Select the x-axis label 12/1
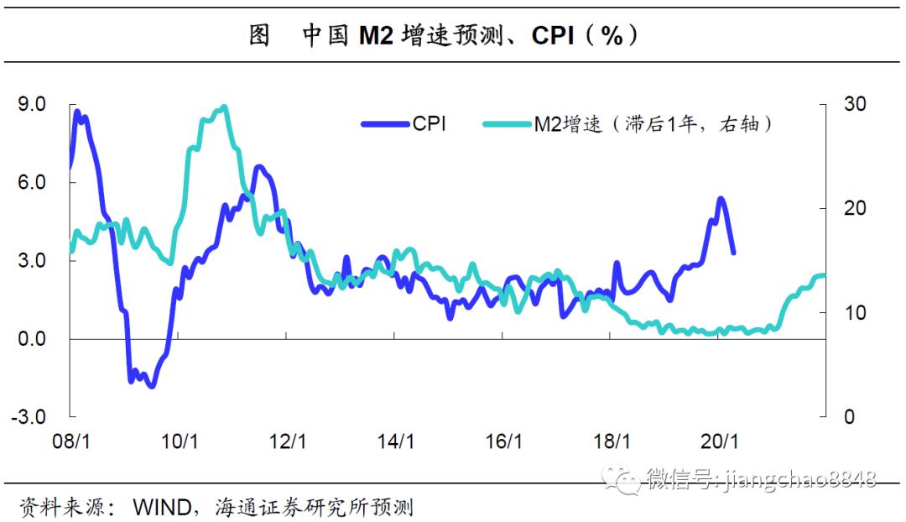pos(287,441)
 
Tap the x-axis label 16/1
pos(502,441)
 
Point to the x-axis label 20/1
pos(719,441)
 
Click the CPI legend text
pos(429,124)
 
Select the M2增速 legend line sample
pos(508,124)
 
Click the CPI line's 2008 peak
pos(77,112)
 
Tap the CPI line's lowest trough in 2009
pos(151,385)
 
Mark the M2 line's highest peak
pos(223,107)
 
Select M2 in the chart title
pos(377,35)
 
